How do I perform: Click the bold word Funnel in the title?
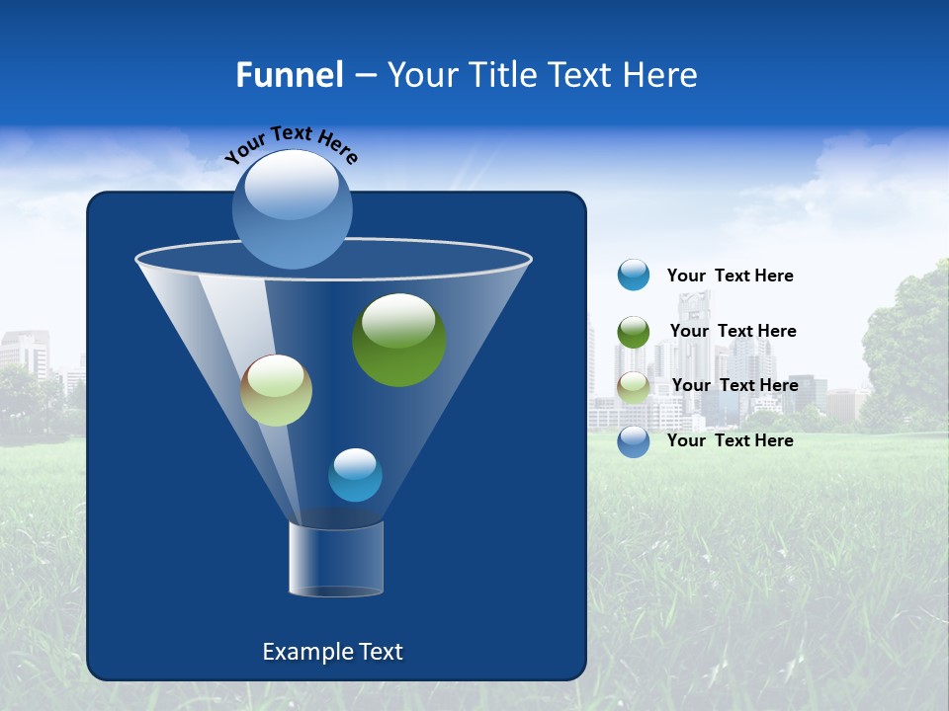point(289,74)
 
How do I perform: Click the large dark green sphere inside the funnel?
point(399,340)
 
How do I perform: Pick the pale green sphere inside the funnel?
point(276,390)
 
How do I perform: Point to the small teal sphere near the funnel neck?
point(355,475)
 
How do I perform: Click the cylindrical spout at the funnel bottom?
point(336,559)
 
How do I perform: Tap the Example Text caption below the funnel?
point(332,652)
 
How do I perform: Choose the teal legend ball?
point(634,275)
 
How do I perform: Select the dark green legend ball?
point(634,332)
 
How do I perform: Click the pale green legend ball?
point(634,387)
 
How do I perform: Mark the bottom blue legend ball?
point(634,441)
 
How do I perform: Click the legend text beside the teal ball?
point(730,276)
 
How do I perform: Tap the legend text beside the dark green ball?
point(733,332)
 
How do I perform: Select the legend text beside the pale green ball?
point(734,385)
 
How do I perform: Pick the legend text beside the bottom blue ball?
point(730,440)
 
